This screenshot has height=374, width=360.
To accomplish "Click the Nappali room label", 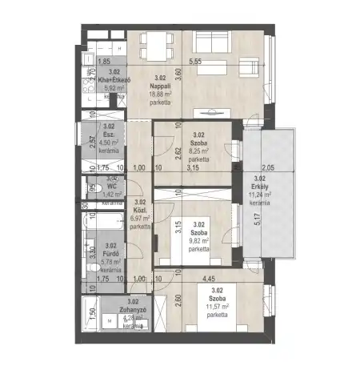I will pos(158,86).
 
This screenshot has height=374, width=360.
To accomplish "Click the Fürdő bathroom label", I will pos(110,253).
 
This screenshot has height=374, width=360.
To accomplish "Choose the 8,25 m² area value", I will pos(200,150).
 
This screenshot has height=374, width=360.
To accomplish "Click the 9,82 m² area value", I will pos(198,240).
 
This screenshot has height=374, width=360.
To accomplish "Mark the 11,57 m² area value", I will pos(217,307).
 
